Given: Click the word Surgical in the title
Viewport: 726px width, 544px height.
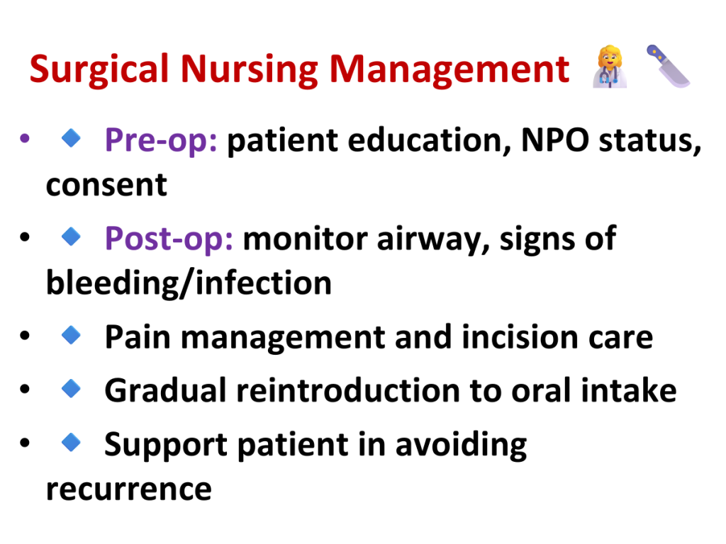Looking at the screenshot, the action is tap(99, 70).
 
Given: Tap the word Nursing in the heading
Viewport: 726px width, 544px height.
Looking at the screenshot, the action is tap(249, 70).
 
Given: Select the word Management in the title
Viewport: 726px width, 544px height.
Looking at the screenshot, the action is tap(449, 70).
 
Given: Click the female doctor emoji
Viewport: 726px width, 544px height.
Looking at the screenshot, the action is tap(610, 67).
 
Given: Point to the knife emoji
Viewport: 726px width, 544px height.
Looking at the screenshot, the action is tap(668, 66).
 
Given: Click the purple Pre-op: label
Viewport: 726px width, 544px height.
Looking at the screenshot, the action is tap(161, 140).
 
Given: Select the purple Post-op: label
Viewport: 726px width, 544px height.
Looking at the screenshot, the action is tap(169, 239).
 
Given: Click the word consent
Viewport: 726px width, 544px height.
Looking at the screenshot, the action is tap(106, 185).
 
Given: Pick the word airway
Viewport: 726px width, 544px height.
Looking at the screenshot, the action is tap(433, 239).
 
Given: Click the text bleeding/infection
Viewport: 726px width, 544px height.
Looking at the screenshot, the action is tap(189, 283).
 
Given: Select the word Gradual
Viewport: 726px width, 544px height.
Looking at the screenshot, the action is tap(165, 390).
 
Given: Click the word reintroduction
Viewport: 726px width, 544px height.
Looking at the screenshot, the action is tap(347, 390).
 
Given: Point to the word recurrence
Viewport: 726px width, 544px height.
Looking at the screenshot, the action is tap(129, 489).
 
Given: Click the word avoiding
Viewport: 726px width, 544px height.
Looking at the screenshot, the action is tap(461, 445).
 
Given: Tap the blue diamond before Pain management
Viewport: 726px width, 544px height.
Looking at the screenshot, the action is tap(72, 335).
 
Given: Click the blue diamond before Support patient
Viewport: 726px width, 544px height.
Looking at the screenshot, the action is tap(72, 442).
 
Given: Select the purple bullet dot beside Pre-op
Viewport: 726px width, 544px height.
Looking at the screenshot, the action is tap(25, 138).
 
